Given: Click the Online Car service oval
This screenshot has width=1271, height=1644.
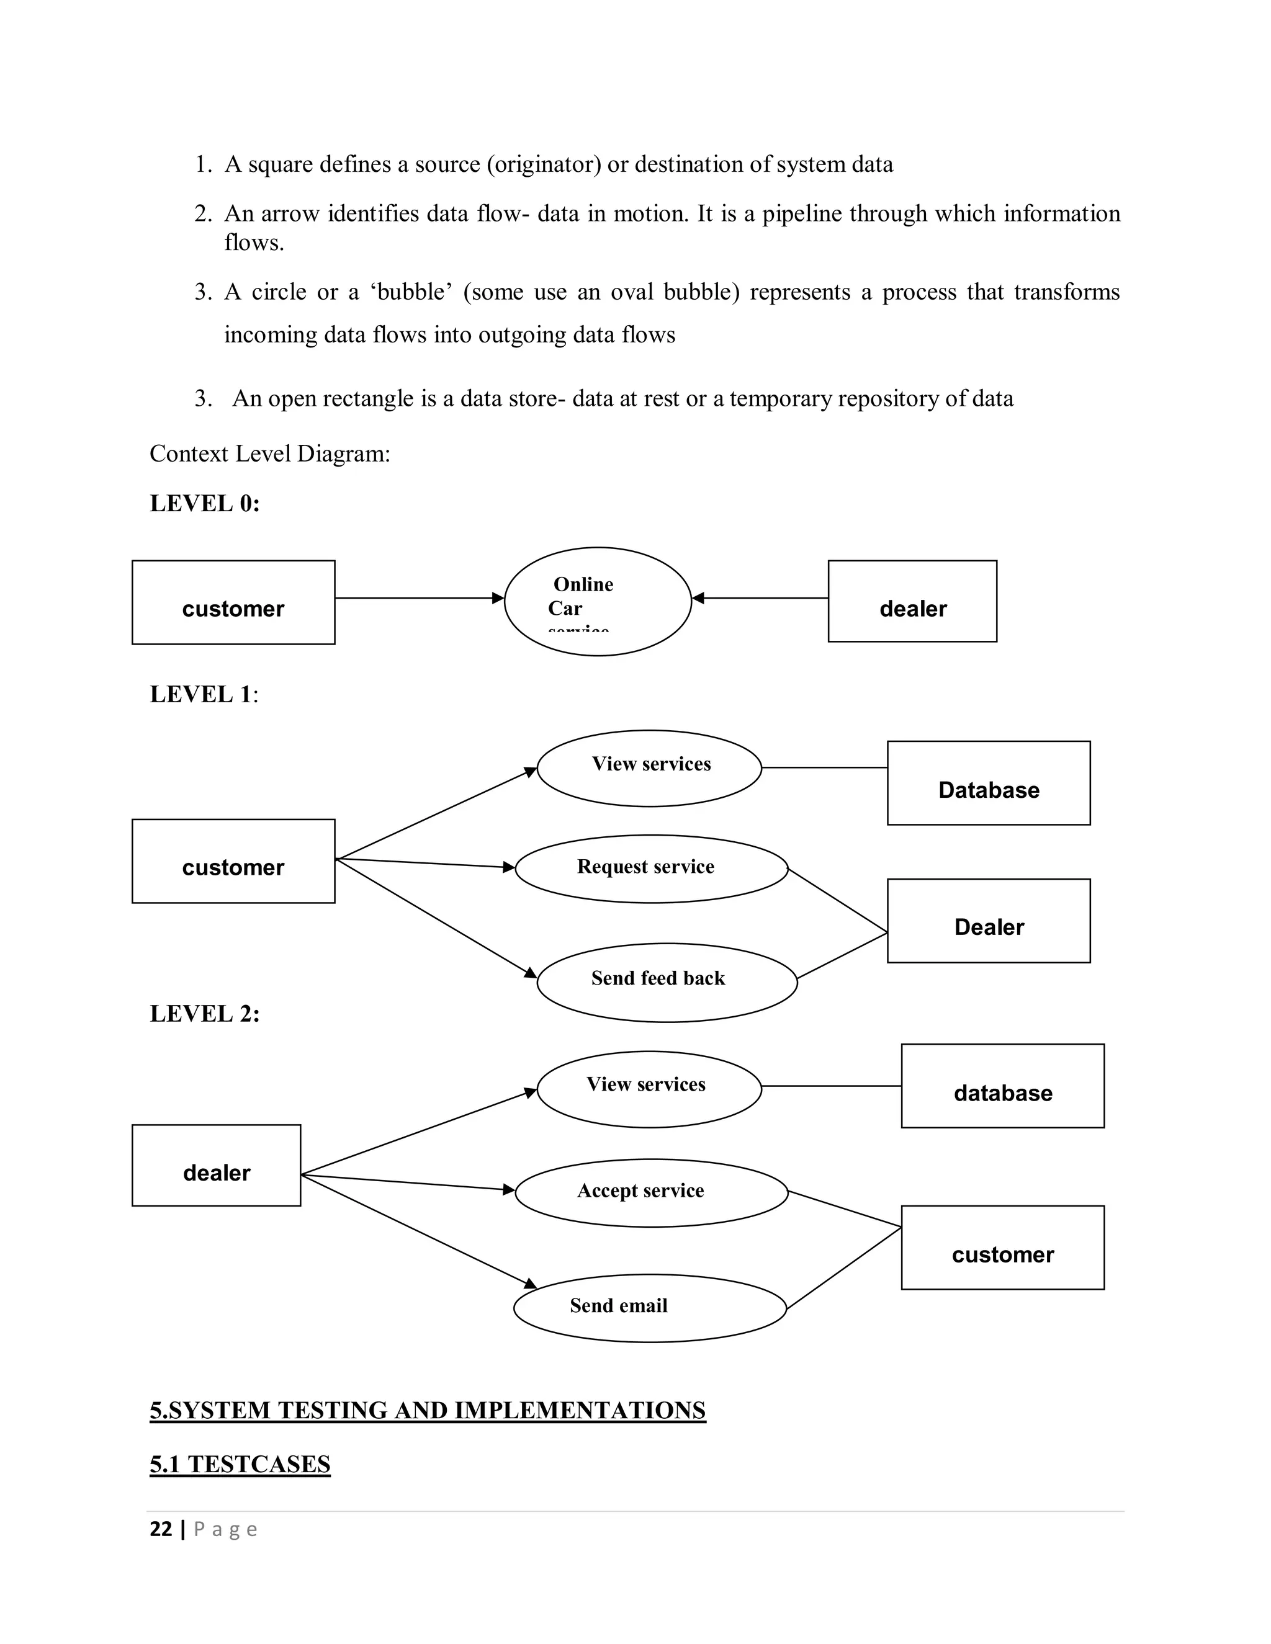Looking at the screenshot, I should click(597, 601).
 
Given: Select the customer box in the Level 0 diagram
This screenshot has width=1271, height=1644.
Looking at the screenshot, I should click(233, 602).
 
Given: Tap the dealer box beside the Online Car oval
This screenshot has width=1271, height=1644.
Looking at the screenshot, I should click(912, 601).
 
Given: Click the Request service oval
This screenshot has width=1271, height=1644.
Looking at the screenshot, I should click(651, 868).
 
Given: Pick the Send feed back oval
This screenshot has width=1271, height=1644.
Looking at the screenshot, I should click(667, 981).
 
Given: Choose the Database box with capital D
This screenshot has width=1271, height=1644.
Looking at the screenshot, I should click(988, 783).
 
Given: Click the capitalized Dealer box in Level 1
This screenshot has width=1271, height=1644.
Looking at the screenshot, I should click(988, 921).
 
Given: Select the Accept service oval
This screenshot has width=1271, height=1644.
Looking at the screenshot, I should click(651, 1192).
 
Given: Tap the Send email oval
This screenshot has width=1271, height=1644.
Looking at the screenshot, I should click(650, 1308).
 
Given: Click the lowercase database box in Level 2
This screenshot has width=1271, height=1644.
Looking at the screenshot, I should click(1002, 1086).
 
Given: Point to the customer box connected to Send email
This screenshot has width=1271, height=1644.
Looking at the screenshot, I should click(1002, 1248).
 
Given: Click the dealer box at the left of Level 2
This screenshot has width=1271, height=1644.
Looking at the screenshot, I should click(216, 1165).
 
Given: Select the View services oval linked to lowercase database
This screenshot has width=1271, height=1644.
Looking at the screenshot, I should click(649, 1089).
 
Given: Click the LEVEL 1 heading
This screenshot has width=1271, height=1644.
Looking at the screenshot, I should click(201, 694).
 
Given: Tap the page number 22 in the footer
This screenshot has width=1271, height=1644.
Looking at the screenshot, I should click(161, 1529).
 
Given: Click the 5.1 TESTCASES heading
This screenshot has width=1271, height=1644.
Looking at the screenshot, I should click(240, 1463).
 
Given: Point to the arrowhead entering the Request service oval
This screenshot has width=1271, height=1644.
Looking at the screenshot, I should click(509, 867).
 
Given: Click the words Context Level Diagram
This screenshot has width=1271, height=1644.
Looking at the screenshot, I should click(269, 454).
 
